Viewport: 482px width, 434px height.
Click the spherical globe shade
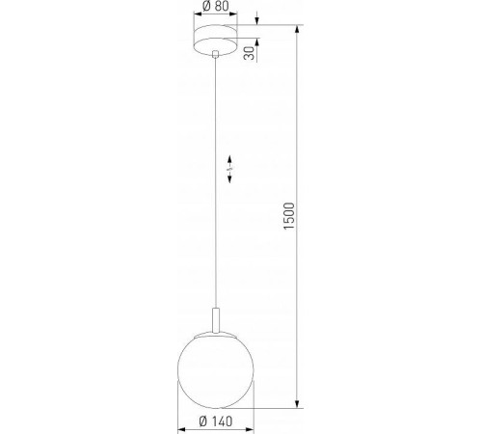tap(213, 366)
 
